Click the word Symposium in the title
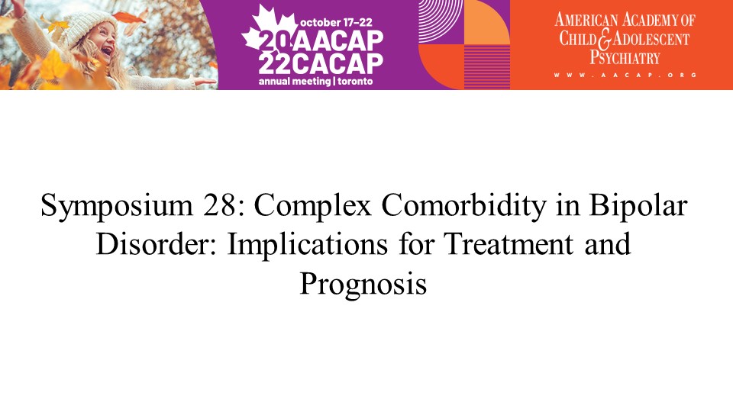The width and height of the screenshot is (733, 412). click(x=117, y=206)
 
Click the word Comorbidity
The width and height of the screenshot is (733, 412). click(x=463, y=206)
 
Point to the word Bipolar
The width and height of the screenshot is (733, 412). click(x=638, y=206)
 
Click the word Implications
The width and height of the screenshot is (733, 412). click(x=307, y=245)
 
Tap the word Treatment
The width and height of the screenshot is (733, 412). click(x=509, y=244)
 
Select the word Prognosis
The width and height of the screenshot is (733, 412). click(x=363, y=284)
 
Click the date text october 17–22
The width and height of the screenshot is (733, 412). click(x=336, y=22)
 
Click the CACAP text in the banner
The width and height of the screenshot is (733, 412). click(x=338, y=63)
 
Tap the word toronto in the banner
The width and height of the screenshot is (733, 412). click(x=355, y=82)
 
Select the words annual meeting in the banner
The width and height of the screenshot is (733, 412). click(x=295, y=82)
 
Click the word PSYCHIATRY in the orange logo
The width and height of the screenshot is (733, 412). click(x=625, y=58)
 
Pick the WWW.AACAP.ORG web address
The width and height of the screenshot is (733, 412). click(x=625, y=75)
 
